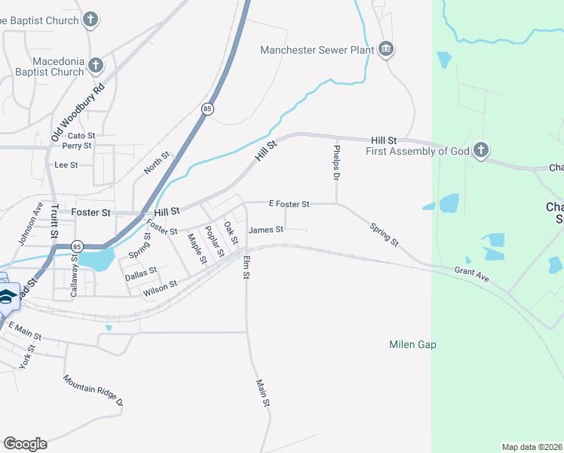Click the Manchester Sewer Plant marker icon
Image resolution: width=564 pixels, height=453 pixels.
point(386,50)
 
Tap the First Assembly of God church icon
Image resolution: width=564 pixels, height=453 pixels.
point(481,151)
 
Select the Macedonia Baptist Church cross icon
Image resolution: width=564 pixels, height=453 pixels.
point(96,66)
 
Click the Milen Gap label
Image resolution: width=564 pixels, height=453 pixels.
point(412,345)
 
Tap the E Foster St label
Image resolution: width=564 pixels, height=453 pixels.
point(290,204)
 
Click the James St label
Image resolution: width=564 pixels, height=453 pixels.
point(266,230)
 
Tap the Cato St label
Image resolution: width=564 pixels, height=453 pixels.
point(81,136)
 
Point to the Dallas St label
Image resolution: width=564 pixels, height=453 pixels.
point(141,273)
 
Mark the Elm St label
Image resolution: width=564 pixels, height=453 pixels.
point(246,267)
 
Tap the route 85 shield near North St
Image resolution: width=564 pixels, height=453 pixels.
point(207,109)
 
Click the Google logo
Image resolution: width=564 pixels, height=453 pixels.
point(25,444)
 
